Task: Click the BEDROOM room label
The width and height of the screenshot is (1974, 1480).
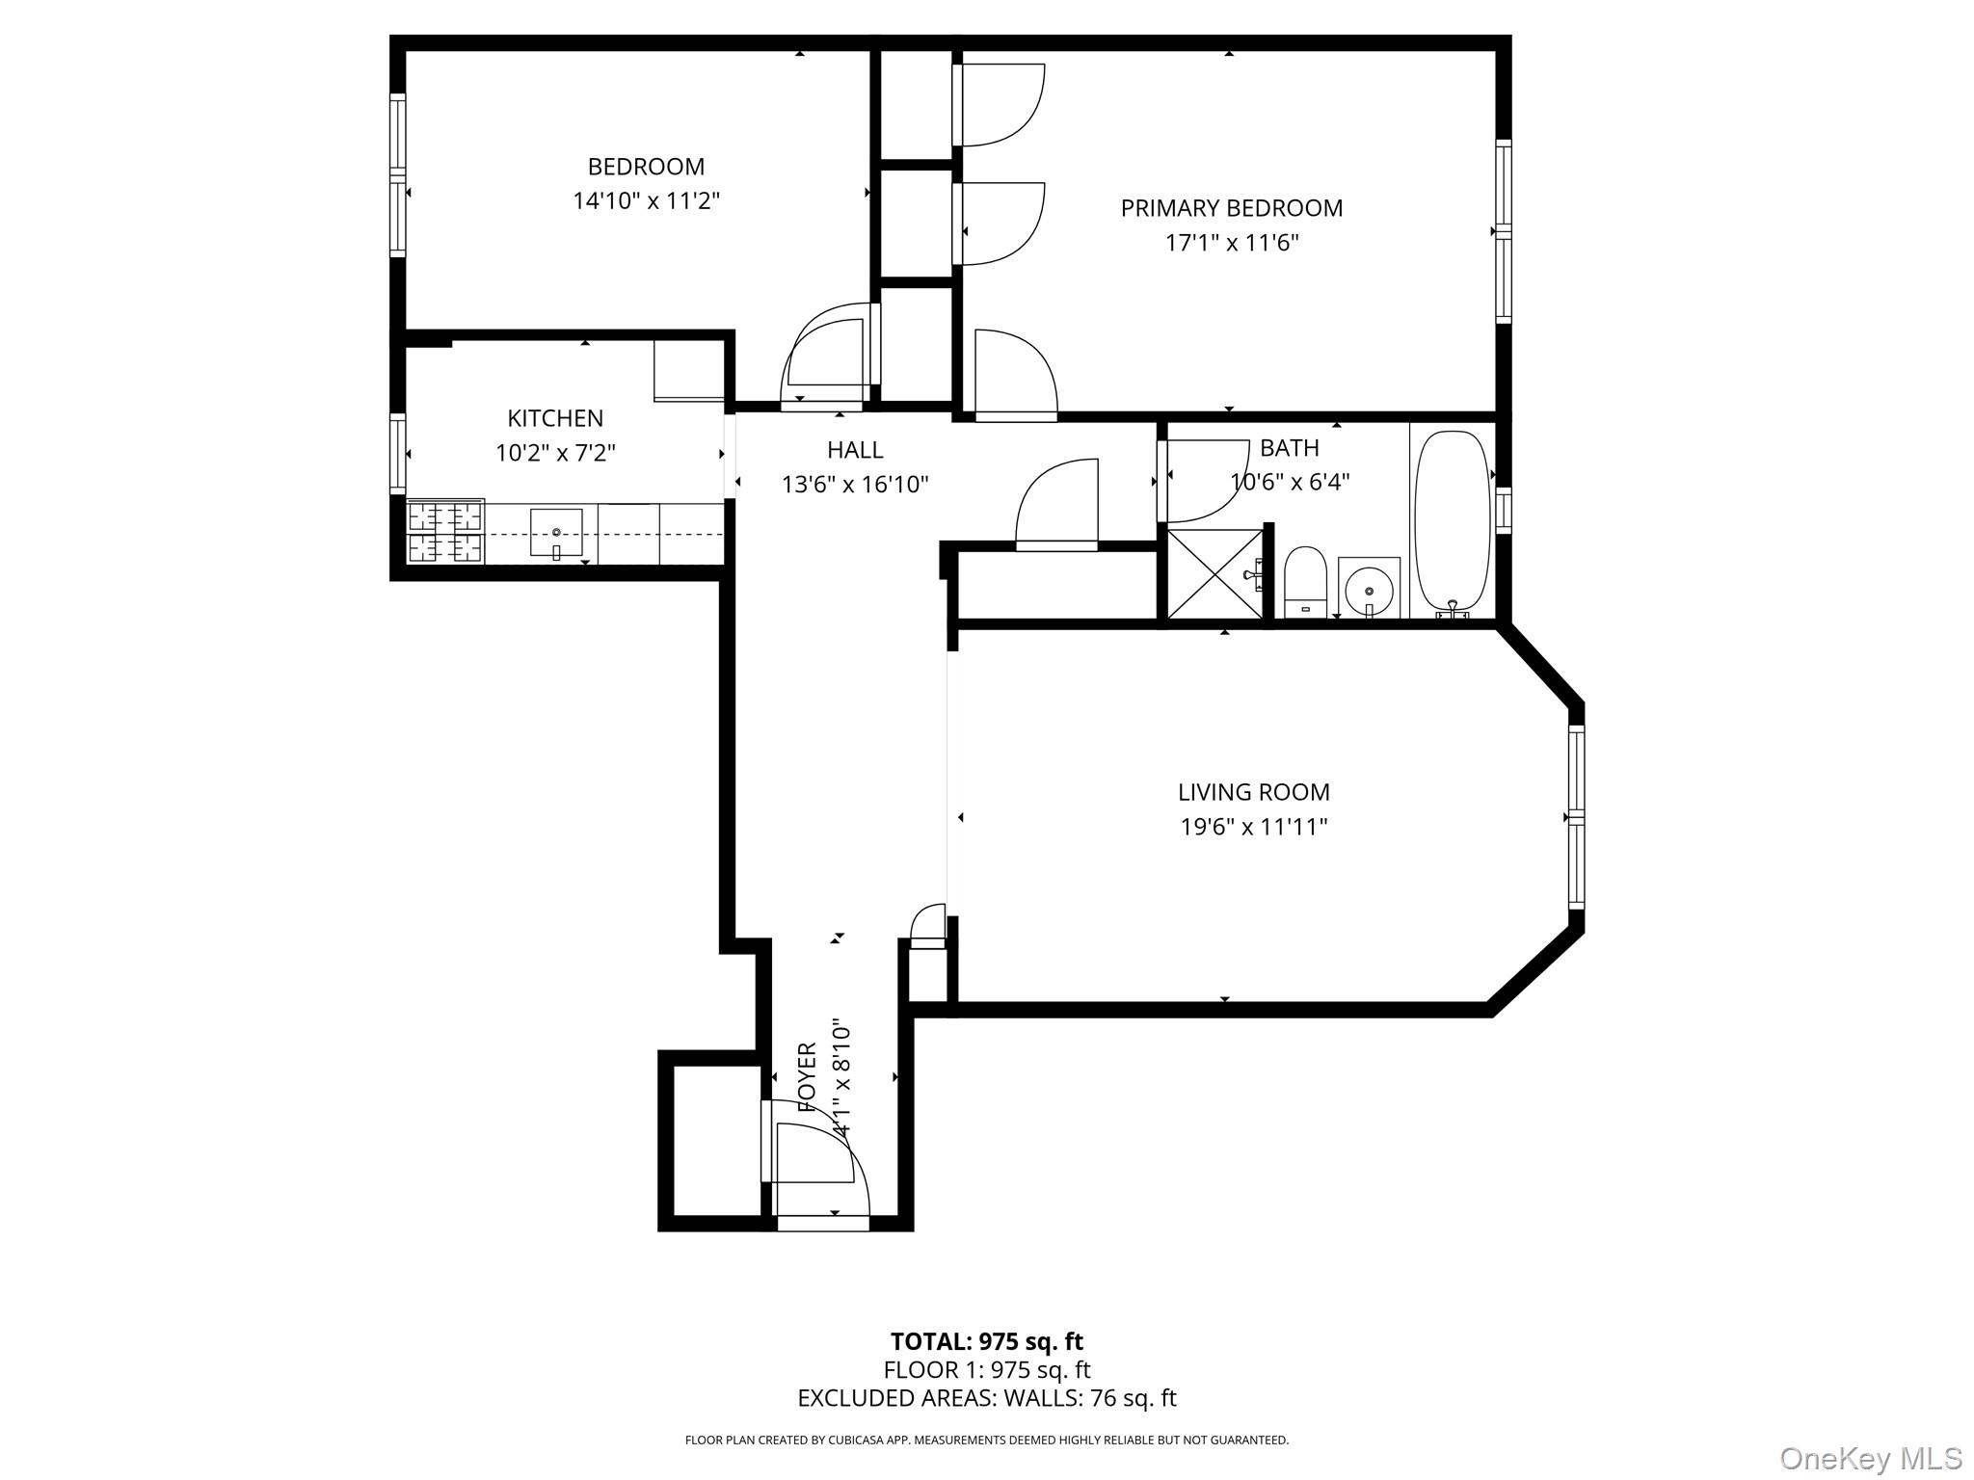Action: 646,167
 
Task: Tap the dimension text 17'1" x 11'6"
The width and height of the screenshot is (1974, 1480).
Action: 1231,243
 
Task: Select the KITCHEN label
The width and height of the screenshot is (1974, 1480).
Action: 555,418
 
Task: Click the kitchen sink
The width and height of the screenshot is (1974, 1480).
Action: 556,533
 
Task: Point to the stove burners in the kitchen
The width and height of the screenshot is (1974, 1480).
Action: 444,532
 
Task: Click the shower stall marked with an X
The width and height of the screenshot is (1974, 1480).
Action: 1214,573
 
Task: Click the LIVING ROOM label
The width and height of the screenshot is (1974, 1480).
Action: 1253,792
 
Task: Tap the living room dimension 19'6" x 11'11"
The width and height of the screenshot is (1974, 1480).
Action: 1253,827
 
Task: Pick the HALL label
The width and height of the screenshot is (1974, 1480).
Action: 854,450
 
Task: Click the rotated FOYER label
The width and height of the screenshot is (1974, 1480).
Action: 808,1077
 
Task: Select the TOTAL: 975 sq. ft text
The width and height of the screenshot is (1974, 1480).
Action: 986,1341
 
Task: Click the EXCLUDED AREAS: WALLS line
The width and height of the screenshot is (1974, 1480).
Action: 986,1398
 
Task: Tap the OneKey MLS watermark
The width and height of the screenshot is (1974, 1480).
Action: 1869,1459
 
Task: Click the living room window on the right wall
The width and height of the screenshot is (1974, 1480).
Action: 1576,817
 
